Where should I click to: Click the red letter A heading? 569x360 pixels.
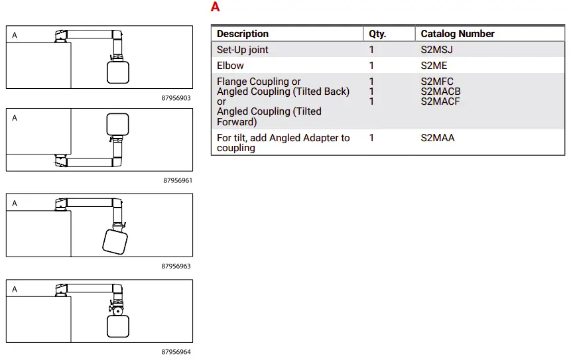tap(216, 7)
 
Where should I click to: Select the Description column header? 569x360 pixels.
tap(243, 34)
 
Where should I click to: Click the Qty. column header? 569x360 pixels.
tap(377, 34)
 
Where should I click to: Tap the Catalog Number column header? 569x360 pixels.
tap(458, 34)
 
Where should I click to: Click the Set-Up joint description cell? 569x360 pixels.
tap(243, 50)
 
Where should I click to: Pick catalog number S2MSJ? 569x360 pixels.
tap(437, 50)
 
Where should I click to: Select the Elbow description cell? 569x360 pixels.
tap(230, 66)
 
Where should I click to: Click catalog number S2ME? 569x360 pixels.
tap(434, 66)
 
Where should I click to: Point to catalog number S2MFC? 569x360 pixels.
tap(437, 82)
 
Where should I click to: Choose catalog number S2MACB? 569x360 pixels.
tap(440, 91)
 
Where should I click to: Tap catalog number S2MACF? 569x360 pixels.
tap(440, 101)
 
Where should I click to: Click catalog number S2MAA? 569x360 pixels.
tap(438, 138)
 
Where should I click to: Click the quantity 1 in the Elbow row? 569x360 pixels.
tap(371, 66)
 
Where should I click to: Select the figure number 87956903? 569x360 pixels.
tap(176, 98)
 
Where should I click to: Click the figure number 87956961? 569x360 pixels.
tap(177, 180)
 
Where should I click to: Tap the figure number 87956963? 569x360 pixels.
tap(176, 266)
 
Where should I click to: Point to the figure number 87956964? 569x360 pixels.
tap(176, 352)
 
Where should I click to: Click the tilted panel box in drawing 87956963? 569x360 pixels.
tap(115, 242)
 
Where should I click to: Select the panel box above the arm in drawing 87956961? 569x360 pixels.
tap(117, 124)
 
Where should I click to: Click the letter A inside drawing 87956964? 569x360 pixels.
tap(15, 290)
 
